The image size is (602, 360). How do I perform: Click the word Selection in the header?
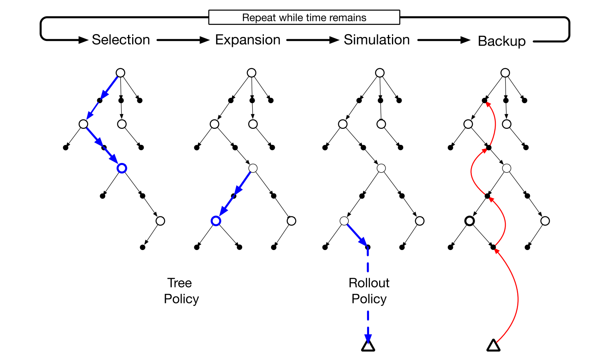pos(120,40)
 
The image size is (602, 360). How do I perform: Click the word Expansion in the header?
pos(248,40)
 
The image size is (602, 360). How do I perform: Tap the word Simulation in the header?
pos(377,40)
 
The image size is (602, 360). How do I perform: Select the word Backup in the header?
pos(502,41)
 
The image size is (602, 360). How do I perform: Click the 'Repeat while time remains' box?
pos(304,18)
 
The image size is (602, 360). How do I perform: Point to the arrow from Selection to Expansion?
pos(183,40)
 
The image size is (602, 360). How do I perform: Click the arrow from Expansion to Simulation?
pos(312,40)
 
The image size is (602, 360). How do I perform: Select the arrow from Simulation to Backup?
pos(443,40)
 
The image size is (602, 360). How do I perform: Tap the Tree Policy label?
pos(181,291)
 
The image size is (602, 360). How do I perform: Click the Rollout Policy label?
pos(369,291)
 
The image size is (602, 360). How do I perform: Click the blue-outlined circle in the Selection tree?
pos(122,168)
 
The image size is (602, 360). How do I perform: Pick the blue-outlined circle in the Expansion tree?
pos(216,221)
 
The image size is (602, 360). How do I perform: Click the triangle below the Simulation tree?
pos(368,345)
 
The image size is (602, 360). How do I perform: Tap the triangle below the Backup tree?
pos(493,345)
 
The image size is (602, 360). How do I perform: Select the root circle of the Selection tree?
pos(120,73)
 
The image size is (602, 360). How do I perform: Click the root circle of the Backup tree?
pos(505,73)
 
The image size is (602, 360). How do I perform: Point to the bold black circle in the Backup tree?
pos(469,221)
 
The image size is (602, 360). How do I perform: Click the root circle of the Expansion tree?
pos(251,73)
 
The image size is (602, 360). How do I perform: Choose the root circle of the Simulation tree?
pos(380,73)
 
